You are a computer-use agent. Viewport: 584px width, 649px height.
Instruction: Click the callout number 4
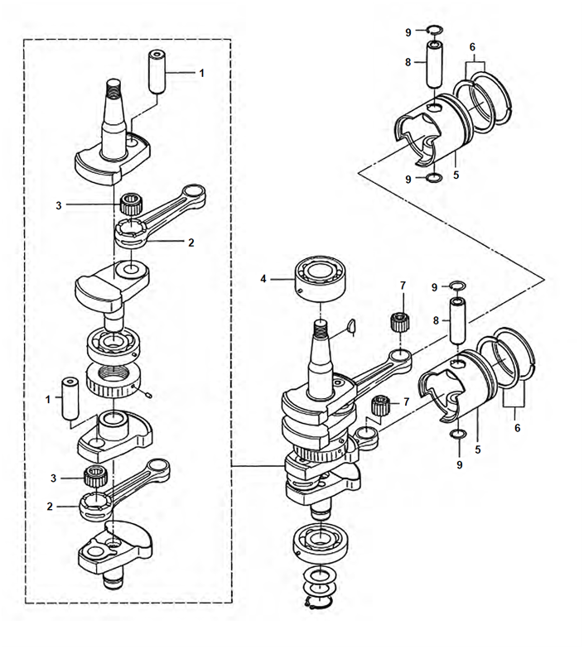tap(264, 280)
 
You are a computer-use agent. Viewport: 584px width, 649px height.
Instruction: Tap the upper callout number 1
tap(201, 74)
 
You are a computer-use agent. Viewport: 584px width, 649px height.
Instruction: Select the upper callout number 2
tap(191, 243)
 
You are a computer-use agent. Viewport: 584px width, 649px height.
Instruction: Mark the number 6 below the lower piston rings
tap(517, 428)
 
